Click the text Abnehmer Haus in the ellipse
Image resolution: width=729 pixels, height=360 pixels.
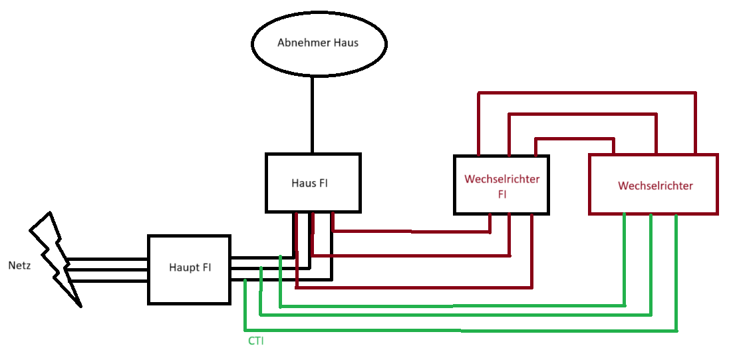coord(317,43)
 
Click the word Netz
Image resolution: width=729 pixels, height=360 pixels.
coord(19,266)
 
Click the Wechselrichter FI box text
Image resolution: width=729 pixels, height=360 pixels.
coord(502,186)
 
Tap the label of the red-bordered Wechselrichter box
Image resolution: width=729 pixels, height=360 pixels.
coord(655,186)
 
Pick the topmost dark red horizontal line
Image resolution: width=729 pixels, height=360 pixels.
coord(585,93)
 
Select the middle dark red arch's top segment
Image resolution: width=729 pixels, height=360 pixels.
coord(582,114)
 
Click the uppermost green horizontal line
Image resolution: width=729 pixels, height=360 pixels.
coord(452,306)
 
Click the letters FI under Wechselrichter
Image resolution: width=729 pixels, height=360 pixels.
coord(502,194)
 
